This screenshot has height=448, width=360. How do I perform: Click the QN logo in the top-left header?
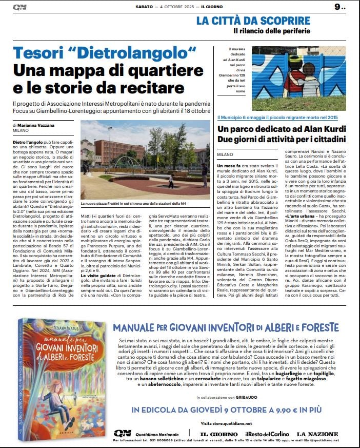pyautogui.click(x=20, y=7)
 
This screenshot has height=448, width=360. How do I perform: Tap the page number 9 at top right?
pyautogui.click(x=338, y=7)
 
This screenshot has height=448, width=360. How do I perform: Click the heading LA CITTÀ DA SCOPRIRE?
pyautogui.click(x=253, y=21)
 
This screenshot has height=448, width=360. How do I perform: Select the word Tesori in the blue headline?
pyautogui.click(x=40, y=53)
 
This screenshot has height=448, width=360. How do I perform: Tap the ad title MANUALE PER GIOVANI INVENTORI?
pyautogui.click(x=226, y=327)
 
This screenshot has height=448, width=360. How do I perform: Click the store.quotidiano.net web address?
pyautogui.click(x=233, y=423)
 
